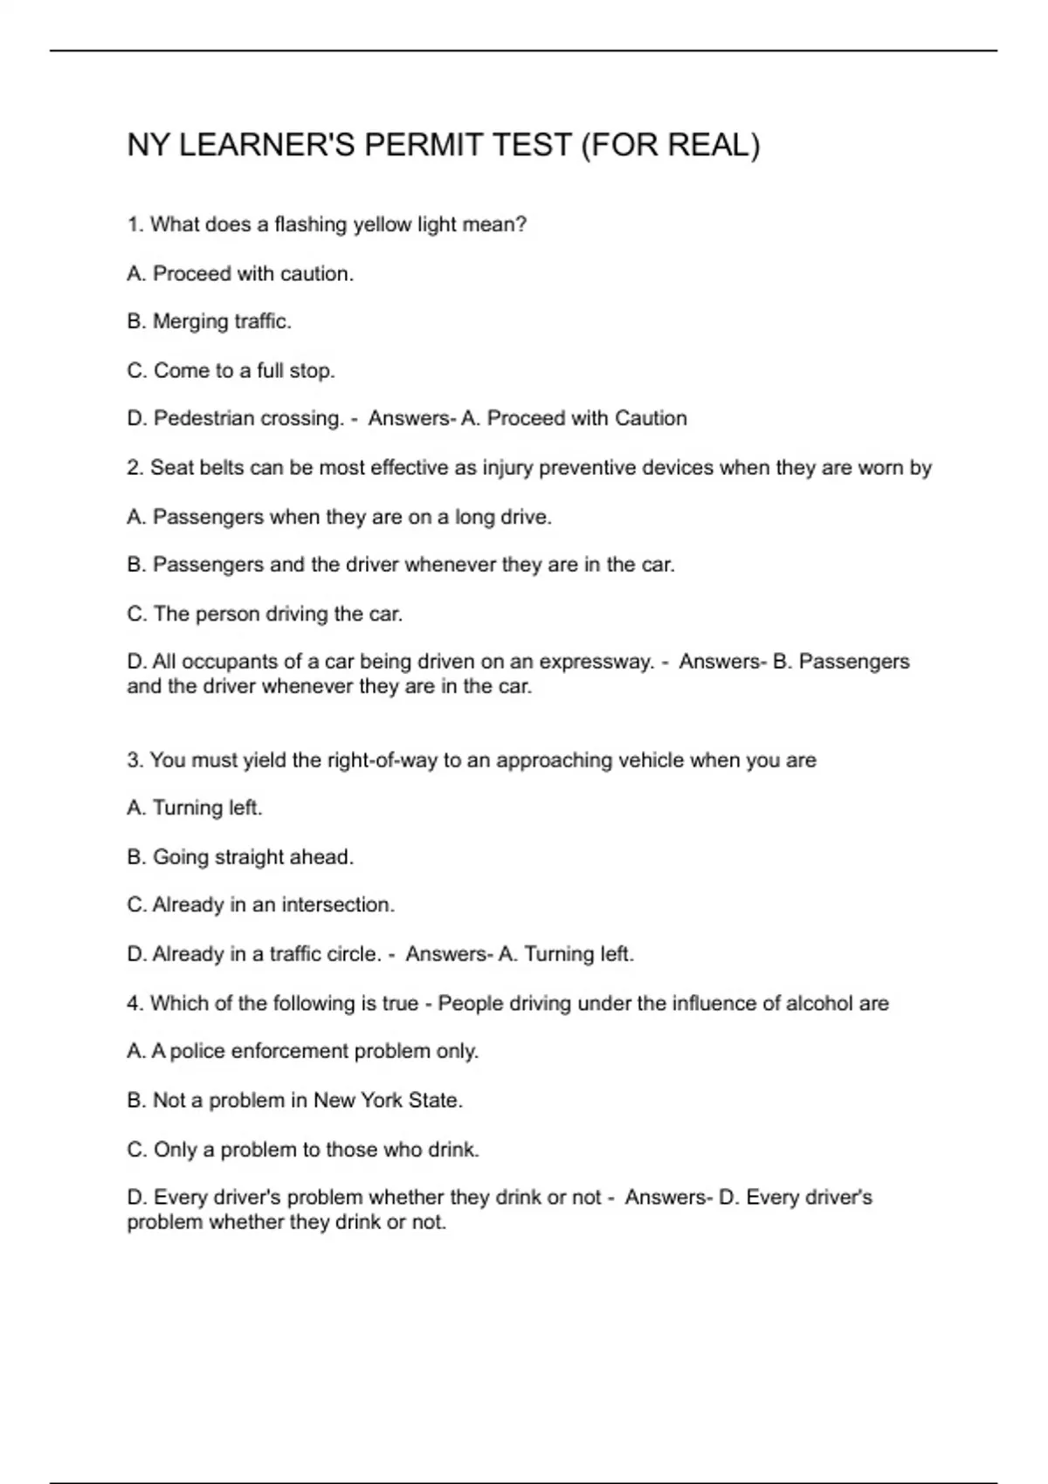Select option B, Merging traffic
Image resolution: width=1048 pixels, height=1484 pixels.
click(x=210, y=322)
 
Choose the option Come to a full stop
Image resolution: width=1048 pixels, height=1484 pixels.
click(x=231, y=371)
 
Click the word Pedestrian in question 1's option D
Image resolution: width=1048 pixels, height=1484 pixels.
click(x=200, y=419)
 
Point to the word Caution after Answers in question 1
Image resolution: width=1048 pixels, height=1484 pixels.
click(x=651, y=419)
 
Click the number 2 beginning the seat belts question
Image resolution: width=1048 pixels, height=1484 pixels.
click(x=134, y=468)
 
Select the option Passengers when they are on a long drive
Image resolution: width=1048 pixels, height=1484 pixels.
click(x=340, y=518)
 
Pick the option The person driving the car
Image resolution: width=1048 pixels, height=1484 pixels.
click(x=265, y=615)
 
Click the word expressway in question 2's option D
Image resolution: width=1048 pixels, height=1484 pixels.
click(x=596, y=662)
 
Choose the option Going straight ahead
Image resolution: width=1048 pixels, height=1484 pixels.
click(x=241, y=857)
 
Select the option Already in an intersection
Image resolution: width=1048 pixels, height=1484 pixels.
click(x=261, y=905)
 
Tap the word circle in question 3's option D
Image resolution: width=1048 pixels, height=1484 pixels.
click(x=353, y=954)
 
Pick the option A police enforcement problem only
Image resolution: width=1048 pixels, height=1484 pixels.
click(x=303, y=1052)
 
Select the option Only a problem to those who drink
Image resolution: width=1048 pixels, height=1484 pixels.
click(x=304, y=1150)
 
